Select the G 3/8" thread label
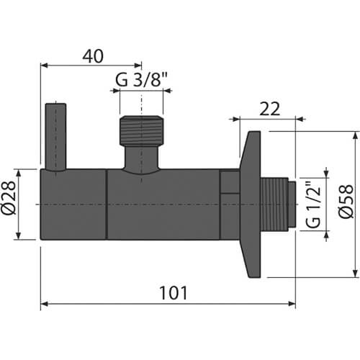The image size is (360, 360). [141, 80]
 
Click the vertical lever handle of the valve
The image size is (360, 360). [55, 137]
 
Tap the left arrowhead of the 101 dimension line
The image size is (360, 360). [43, 305]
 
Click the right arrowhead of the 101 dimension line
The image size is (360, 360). [292, 305]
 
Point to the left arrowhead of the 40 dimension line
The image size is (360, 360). [43, 65]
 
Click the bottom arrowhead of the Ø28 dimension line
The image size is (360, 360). [26, 238]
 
